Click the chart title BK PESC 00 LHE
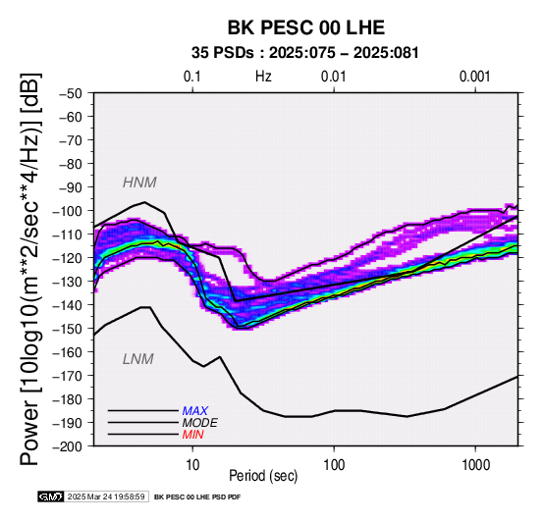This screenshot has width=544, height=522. coord(306,27)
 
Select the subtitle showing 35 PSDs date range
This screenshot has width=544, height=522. coord(305,53)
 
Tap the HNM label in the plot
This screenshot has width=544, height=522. coord(139,183)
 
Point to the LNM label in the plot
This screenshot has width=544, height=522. coord(138,359)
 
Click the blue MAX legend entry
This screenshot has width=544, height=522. coord(195,411)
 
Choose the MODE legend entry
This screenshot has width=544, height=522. coord(200,423)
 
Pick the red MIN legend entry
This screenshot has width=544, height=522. coord(192,435)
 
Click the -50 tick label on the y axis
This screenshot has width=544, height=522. coord(71,93)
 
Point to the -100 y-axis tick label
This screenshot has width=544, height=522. coord(68,211)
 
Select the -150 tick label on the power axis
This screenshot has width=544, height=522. coord(68,329)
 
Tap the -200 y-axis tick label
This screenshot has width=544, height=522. coord(68,446)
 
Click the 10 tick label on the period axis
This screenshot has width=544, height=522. coord(192,465)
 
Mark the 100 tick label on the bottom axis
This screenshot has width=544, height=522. coord(334,465)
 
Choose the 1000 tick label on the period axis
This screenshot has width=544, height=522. coord(475,465)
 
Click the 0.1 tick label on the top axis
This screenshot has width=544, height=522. coord(192,77)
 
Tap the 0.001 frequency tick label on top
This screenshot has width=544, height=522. coord(475,77)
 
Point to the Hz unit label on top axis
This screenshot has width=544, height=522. coord(263,77)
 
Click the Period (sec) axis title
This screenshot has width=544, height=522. coord(263,476)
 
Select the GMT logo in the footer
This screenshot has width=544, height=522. coord(51,496)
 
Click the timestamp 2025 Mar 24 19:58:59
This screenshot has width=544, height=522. coord(106,496)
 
